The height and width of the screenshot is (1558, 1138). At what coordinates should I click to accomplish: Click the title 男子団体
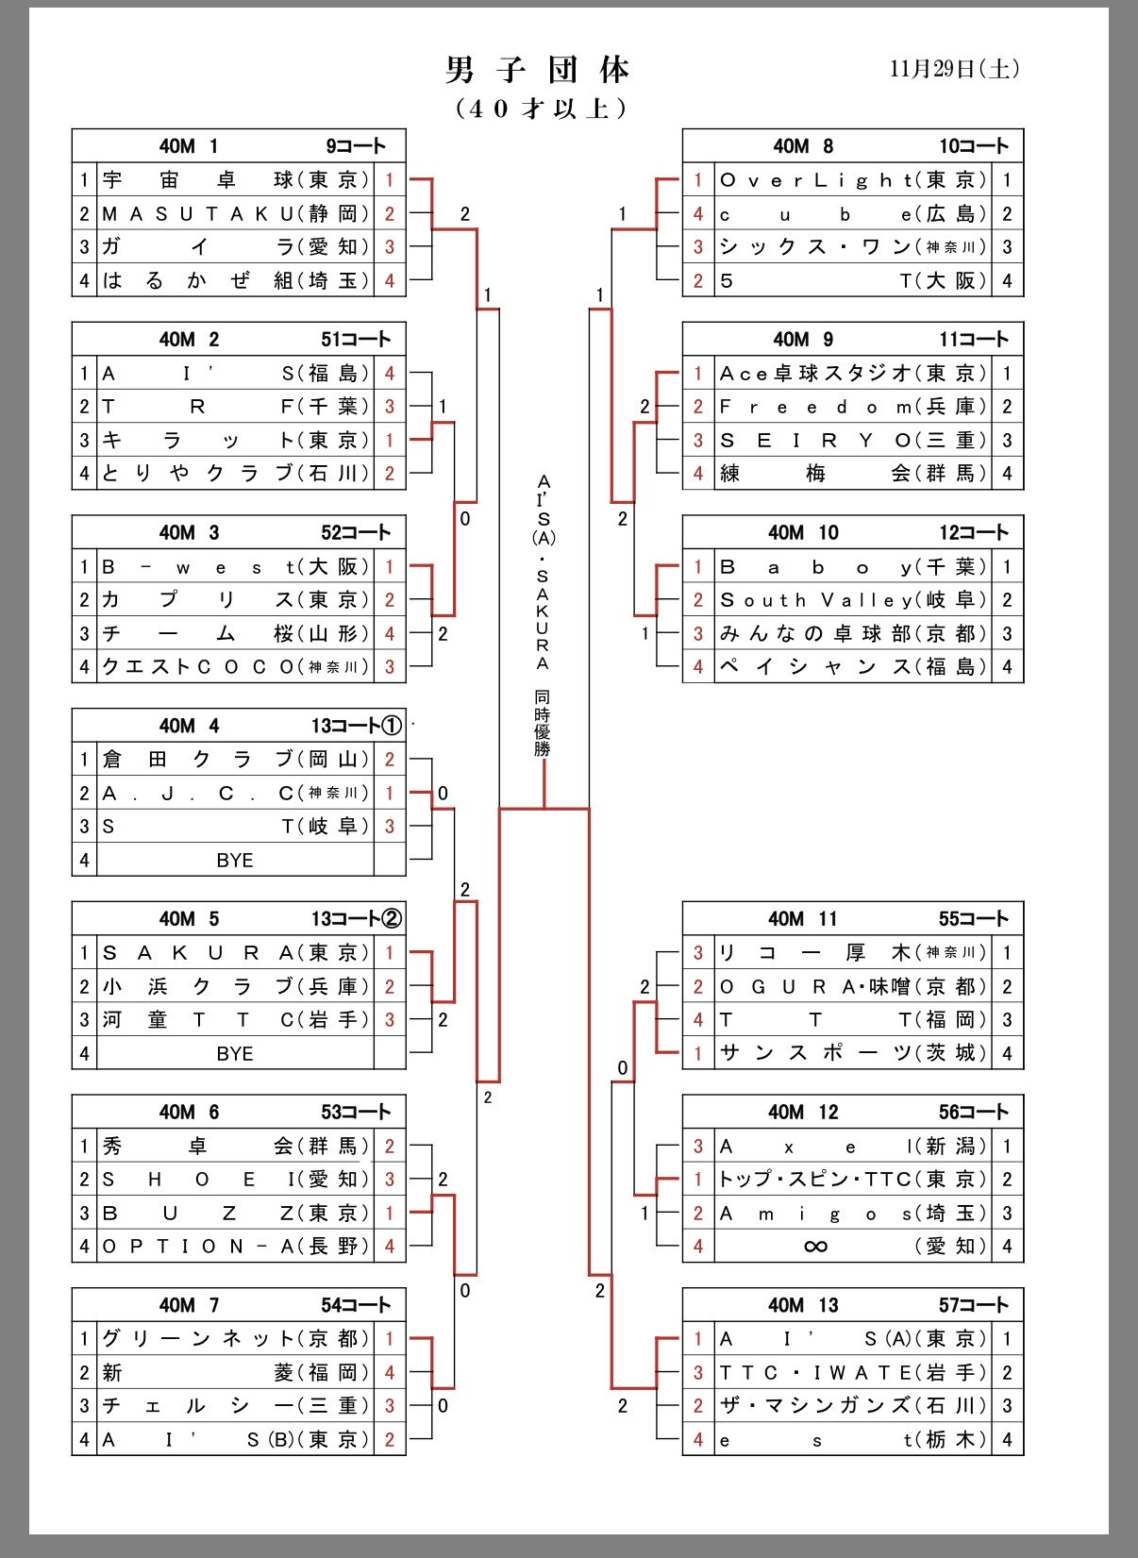(x=538, y=70)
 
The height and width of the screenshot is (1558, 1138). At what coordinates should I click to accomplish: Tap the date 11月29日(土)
(x=954, y=69)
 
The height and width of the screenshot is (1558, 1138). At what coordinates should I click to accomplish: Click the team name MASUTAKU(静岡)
(x=235, y=214)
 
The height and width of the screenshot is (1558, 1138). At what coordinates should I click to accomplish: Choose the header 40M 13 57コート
(x=852, y=1305)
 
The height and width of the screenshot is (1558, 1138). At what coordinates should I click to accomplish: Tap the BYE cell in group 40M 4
(x=235, y=861)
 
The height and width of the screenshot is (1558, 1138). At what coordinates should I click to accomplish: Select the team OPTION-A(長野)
(x=235, y=1247)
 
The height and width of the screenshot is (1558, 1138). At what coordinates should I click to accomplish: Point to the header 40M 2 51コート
(x=239, y=340)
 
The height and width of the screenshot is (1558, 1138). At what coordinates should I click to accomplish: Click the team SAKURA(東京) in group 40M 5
(x=235, y=953)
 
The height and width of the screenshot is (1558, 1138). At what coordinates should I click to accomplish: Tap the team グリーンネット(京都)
(x=235, y=1339)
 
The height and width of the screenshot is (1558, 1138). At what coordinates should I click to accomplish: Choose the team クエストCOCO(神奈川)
(x=235, y=667)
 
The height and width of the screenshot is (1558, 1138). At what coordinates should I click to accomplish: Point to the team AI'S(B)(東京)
(x=235, y=1440)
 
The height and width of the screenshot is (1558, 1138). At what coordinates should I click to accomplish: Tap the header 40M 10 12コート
(x=852, y=532)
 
